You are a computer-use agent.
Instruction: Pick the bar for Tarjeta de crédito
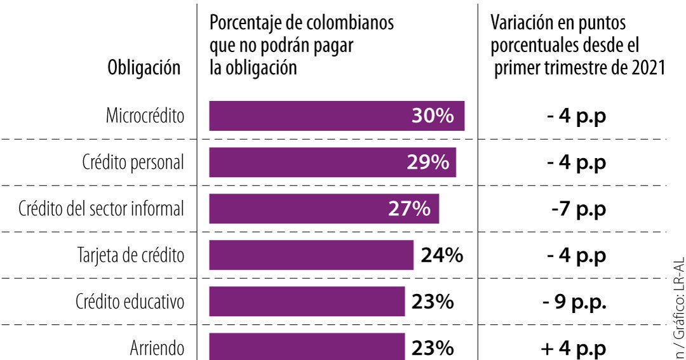click(311, 256)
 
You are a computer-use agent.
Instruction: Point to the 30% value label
click(433, 116)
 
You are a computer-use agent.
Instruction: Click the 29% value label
click(428, 163)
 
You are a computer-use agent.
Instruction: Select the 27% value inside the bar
click(410, 209)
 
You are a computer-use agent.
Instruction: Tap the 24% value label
click(441, 256)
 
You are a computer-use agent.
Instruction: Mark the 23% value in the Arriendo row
click(433, 349)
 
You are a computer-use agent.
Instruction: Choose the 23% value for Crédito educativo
click(433, 302)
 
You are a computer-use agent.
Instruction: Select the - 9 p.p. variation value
click(575, 302)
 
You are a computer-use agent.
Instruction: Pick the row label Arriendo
click(157, 349)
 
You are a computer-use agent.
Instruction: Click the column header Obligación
click(144, 67)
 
